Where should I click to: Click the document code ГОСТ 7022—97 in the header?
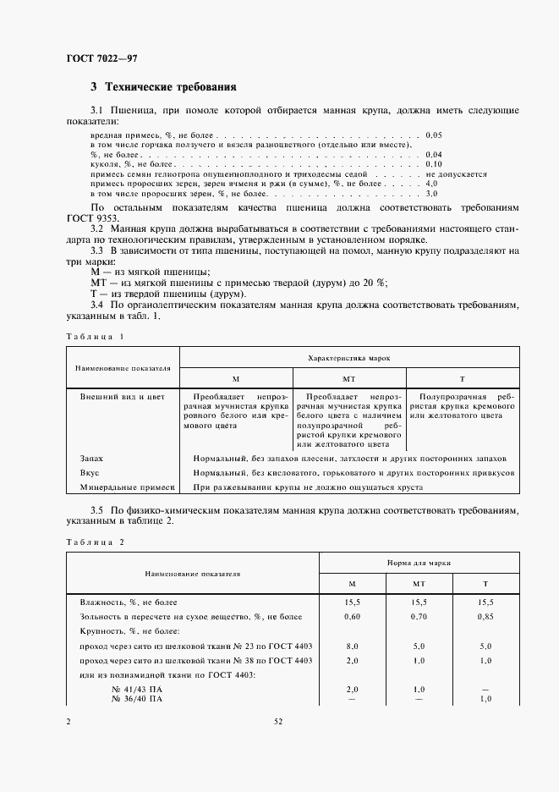tap(101, 58)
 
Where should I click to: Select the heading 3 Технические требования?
tap(163, 87)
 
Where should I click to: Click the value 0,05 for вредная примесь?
tap(435, 135)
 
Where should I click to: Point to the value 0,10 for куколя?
tap(435, 163)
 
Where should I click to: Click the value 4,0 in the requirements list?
tap(431, 183)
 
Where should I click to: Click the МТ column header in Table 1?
tap(348, 379)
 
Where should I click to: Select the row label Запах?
tap(91, 458)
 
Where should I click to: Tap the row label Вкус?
tap(90, 472)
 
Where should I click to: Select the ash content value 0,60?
tap(353, 617)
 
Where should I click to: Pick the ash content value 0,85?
tap(485, 617)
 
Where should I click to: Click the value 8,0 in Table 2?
tap(353, 645)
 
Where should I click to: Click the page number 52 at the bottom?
tap(278, 722)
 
